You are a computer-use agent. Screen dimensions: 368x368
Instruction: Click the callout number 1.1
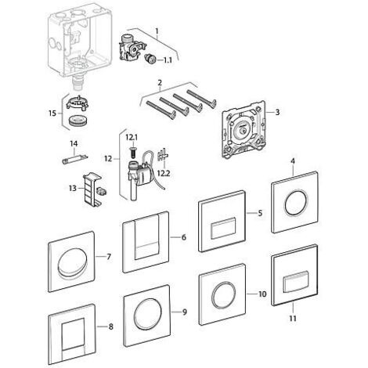tap(168, 60)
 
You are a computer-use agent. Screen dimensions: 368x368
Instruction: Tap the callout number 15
tap(52, 114)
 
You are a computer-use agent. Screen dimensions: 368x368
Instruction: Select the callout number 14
tap(74, 143)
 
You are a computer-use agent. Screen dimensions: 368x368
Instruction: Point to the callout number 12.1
tap(132, 137)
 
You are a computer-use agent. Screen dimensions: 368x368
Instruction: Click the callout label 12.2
tap(164, 173)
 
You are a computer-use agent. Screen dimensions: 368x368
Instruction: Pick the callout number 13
tap(73, 188)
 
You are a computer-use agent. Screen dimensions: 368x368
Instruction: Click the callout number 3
tap(277, 112)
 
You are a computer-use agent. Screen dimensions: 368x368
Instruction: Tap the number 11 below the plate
tap(293, 319)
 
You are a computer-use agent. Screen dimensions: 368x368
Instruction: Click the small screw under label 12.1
tap(132, 152)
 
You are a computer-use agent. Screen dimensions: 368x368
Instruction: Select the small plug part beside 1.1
tap(150, 58)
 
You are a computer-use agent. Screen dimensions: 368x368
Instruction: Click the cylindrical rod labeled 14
tap(75, 159)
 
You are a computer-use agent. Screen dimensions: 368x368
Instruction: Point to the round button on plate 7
tap(72, 262)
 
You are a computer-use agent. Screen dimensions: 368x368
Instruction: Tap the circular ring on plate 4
tap(296, 204)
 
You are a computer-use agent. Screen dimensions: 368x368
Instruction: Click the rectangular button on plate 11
tap(296, 283)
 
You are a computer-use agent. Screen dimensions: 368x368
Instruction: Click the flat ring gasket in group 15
tap(78, 121)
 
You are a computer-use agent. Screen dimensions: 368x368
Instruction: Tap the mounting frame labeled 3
tap(244, 130)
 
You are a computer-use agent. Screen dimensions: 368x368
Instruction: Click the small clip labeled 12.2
tap(162, 155)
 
